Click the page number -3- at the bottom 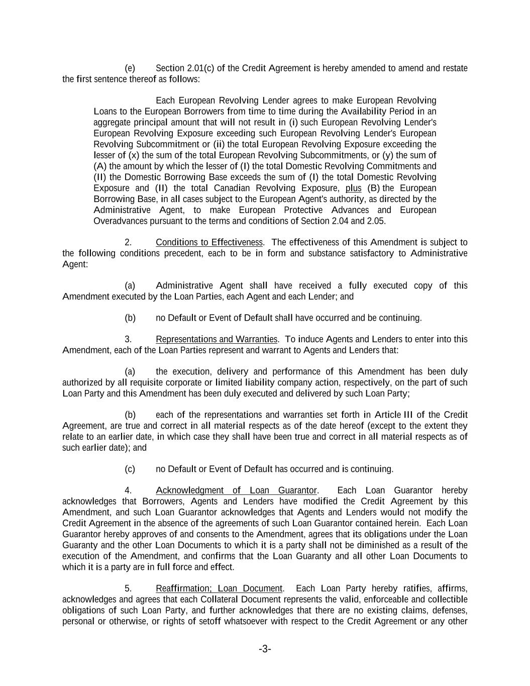click(265, 649)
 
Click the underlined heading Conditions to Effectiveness click(209, 242)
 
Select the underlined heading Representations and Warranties click(216, 339)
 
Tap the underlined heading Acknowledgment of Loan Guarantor click(236, 491)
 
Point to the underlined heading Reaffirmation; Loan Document click(219, 589)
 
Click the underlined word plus click(353, 188)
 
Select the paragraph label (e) click(130, 68)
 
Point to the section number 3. click(128, 339)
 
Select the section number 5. click(128, 589)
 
